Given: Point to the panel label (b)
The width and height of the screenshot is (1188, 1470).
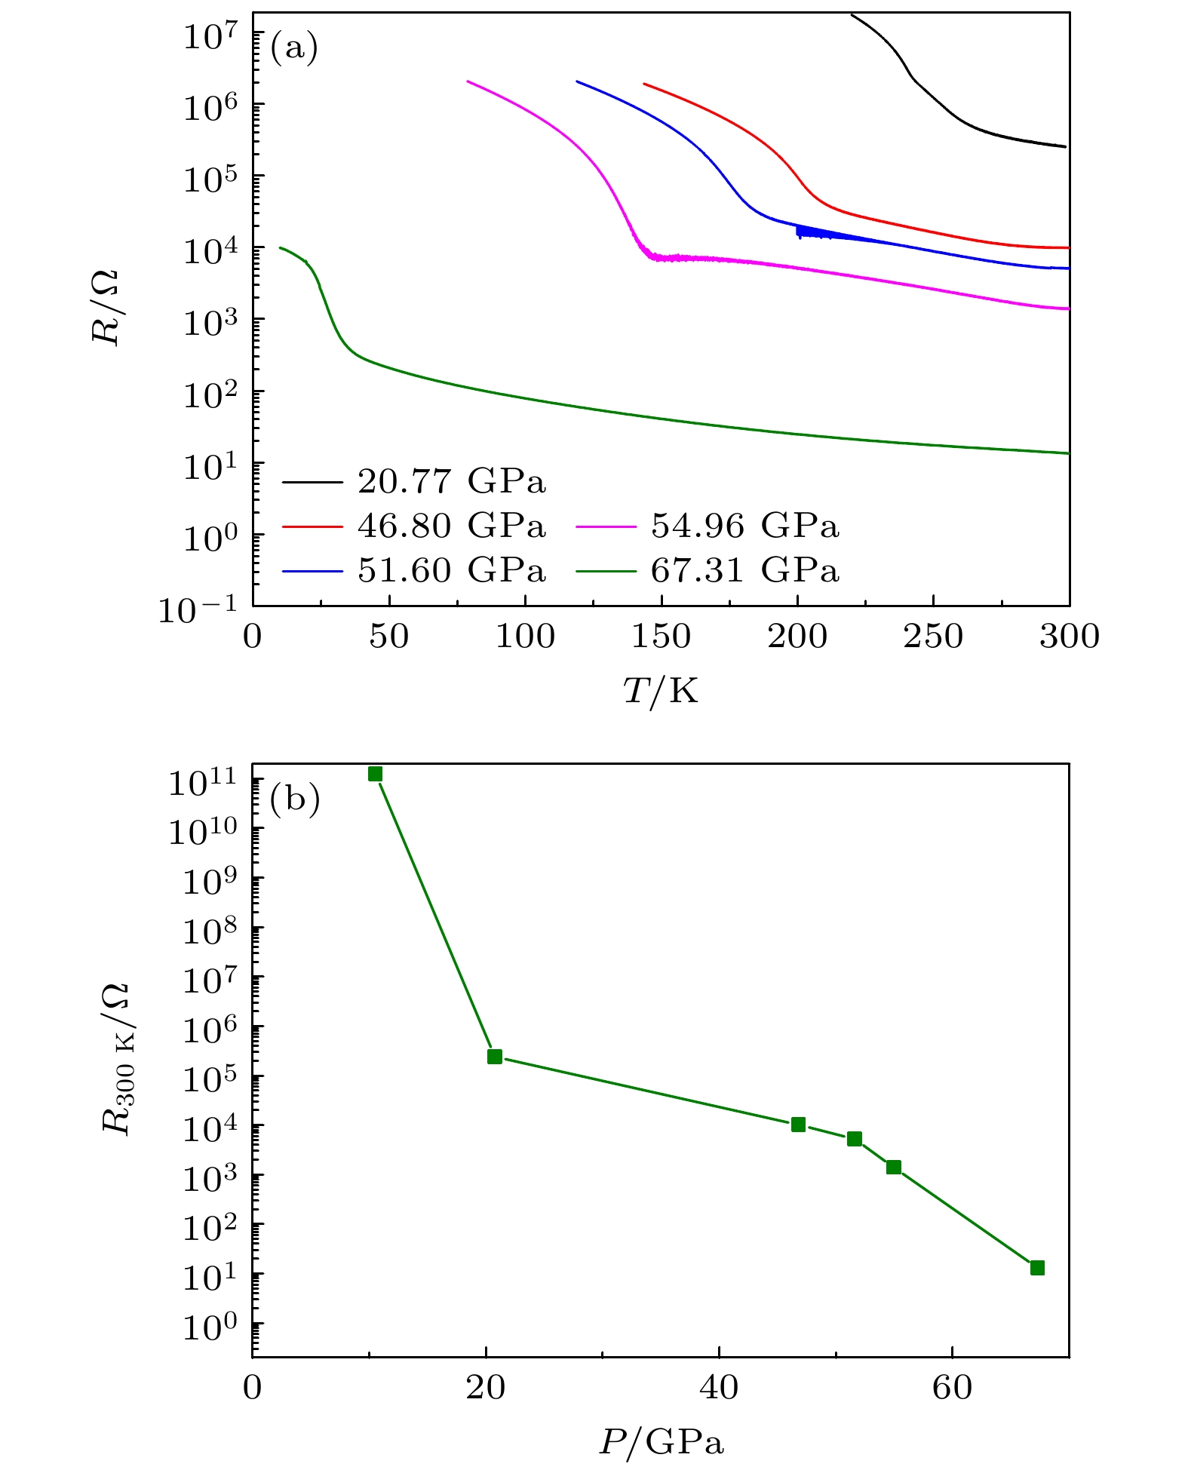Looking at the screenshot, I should [295, 799].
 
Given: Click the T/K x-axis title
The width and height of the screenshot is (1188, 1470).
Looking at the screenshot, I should [661, 690].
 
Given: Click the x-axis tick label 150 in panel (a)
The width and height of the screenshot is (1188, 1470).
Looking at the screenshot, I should [661, 637].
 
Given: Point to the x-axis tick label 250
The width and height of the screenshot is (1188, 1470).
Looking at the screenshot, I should [933, 637].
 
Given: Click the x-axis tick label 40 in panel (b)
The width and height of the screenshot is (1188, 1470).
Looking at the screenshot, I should [719, 1389].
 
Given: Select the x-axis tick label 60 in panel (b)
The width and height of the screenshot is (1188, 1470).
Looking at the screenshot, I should [952, 1389].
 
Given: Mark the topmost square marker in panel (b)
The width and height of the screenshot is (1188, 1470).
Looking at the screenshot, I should [375, 774].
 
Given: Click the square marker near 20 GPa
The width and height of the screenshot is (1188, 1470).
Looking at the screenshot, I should [495, 1057].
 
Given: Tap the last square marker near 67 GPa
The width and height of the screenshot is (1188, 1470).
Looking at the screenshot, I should [1037, 1268].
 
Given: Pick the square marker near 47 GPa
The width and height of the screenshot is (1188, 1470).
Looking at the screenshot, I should [798, 1125].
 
